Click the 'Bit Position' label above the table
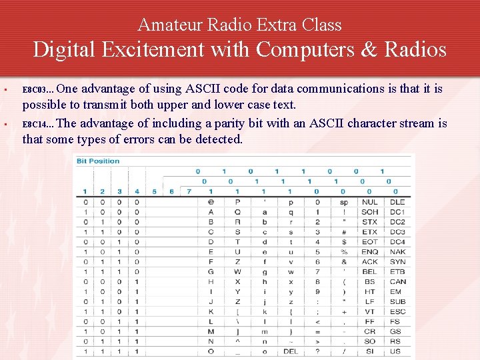coord(98,161)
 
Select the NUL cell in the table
coord(369,202)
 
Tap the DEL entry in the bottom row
coord(291,351)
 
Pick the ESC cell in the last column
coord(397,311)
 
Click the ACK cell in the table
coord(369,262)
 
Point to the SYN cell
coord(397,262)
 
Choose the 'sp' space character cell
coord(343,202)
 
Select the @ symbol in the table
coord(211,202)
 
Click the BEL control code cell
coord(369,272)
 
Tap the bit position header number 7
coord(189,192)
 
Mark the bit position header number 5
coord(155,192)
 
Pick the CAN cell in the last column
coord(397,282)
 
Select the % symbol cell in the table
coord(343,252)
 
